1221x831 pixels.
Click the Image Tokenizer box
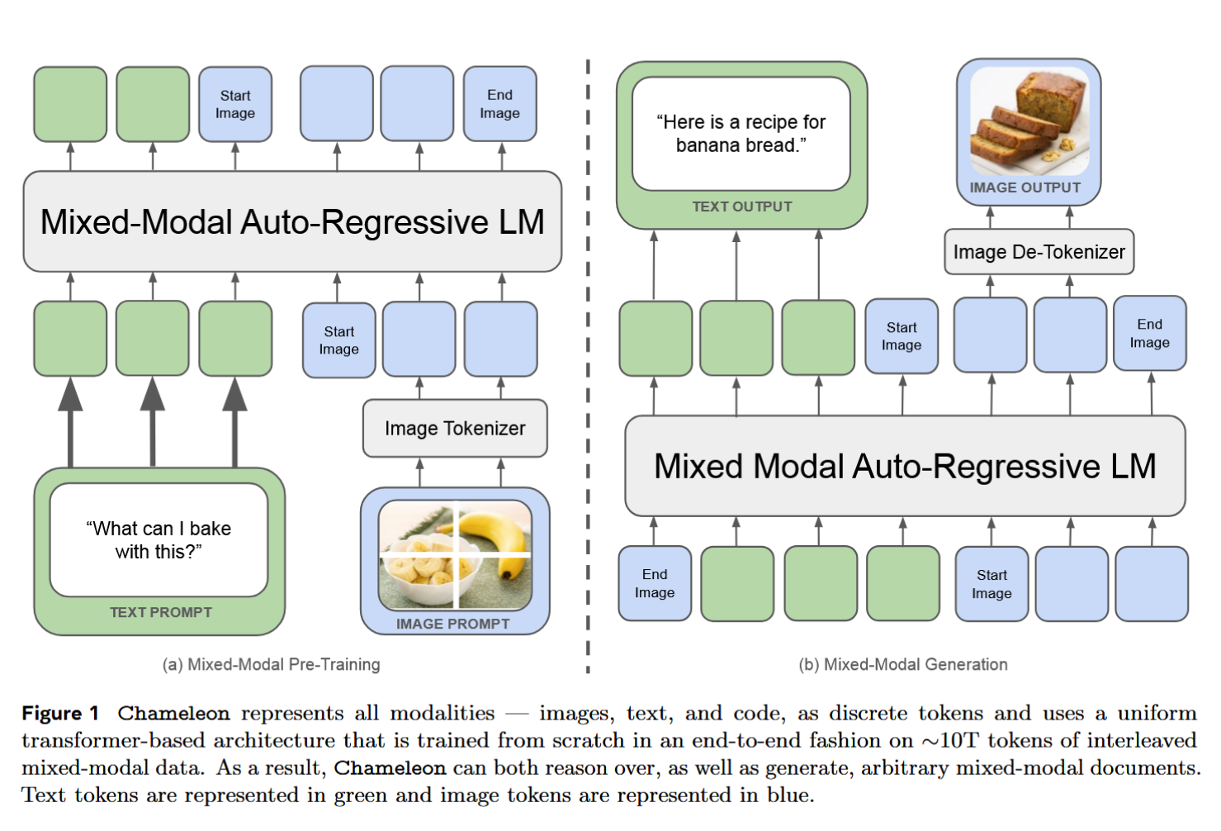click(x=455, y=428)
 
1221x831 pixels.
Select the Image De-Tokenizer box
click(x=1039, y=252)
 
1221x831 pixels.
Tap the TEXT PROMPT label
click(x=161, y=612)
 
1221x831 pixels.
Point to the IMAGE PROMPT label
click(x=452, y=624)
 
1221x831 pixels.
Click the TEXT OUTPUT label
click(x=741, y=207)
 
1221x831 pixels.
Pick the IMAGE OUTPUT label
click(x=1025, y=188)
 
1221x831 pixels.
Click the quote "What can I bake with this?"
click(x=159, y=539)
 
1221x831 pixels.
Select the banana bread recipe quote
click(x=741, y=134)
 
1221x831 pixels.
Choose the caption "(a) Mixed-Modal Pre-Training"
click(x=271, y=664)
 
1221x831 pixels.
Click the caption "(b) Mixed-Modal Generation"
click(x=903, y=664)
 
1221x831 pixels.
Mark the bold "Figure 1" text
click(x=60, y=714)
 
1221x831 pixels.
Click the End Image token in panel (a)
click(x=499, y=104)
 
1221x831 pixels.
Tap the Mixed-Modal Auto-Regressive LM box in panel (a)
click(x=292, y=221)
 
